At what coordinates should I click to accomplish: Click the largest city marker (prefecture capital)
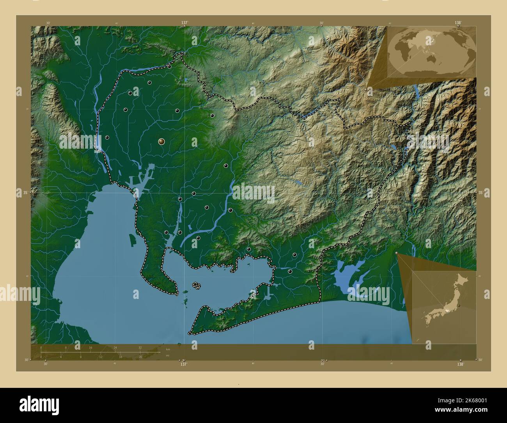tap(161, 142)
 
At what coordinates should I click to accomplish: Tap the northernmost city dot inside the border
tap(170, 67)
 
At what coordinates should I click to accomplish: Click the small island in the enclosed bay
tap(197, 286)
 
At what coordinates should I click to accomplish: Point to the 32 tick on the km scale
tap(140, 347)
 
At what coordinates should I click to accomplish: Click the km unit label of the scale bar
tap(168, 349)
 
